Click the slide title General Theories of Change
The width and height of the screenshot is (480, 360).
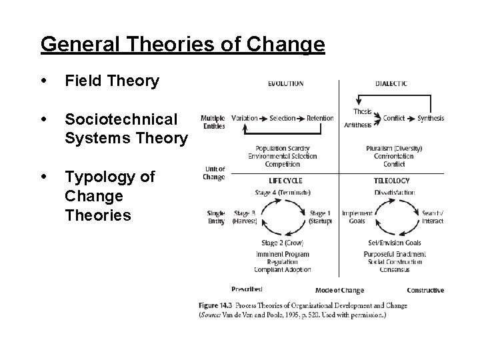click(x=183, y=45)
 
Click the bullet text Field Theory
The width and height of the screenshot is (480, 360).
click(x=112, y=81)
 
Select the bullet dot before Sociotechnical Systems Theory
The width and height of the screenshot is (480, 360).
click(x=44, y=119)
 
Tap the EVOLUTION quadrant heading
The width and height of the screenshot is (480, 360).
click(x=285, y=83)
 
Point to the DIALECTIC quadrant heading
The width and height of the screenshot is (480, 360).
click(x=391, y=83)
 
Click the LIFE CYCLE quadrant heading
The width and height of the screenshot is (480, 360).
click(x=285, y=181)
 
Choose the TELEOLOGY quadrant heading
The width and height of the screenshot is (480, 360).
click(x=392, y=181)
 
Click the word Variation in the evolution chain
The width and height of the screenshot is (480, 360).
click(x=244, y=118)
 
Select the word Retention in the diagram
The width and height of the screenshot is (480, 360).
click(x=320, y=118)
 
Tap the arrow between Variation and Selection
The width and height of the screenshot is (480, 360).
click(x=263, y=118)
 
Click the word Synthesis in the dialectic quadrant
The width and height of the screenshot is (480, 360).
click(x=431, y=118)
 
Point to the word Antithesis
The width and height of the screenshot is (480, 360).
click(x=358, y=125)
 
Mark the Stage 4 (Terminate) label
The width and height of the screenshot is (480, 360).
click(x=283, y=193)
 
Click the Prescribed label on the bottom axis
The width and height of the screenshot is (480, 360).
click(x=247, y=289)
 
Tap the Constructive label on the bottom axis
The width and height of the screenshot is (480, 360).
click(x=425, y=290)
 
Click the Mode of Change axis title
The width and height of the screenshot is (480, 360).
click(x=339, y=290)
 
